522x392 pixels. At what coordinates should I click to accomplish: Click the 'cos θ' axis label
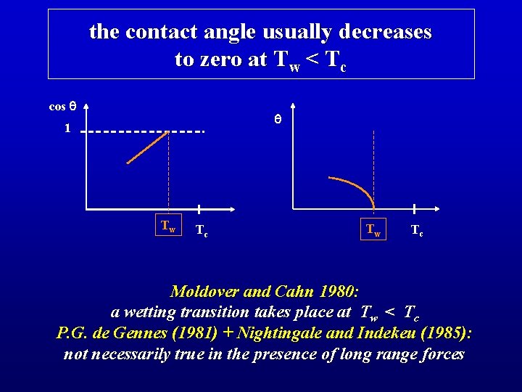[62, 107]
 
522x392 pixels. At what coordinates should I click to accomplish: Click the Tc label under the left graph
[203, 231]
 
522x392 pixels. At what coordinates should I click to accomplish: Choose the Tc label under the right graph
[417, 231]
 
